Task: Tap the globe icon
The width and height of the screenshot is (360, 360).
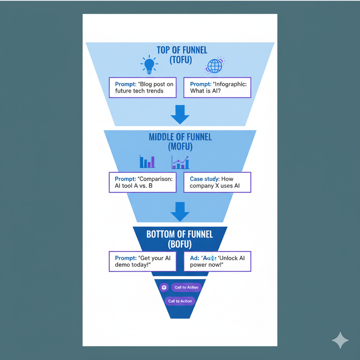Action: click(x=214, y=66)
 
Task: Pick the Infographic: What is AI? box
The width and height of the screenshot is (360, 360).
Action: click(x=217, y=87)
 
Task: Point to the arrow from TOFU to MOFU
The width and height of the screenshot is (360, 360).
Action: click(x=180, y=114)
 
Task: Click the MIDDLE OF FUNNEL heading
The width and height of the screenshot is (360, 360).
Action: click(x=180, y=137)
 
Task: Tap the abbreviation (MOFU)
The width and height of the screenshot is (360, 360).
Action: click(x=180, y=146)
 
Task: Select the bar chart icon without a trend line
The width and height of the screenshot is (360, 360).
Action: click(x=147, y=162)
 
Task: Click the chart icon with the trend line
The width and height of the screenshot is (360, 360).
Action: click(x=180, y=162)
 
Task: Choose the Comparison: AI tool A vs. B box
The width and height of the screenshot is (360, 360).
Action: click(x=143, y=182)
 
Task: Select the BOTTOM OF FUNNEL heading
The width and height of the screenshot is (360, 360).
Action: click(x=180, y=234)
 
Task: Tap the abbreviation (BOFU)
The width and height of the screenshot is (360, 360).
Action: click(x=180, y=244)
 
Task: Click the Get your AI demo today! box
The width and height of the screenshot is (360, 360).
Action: click(x=143, y=261)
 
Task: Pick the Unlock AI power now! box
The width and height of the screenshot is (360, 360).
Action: click(x=217, y=261)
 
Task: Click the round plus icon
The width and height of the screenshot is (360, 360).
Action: click(x=164, y=287)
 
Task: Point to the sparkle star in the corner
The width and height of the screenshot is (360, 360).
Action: click(x=340, y=341)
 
